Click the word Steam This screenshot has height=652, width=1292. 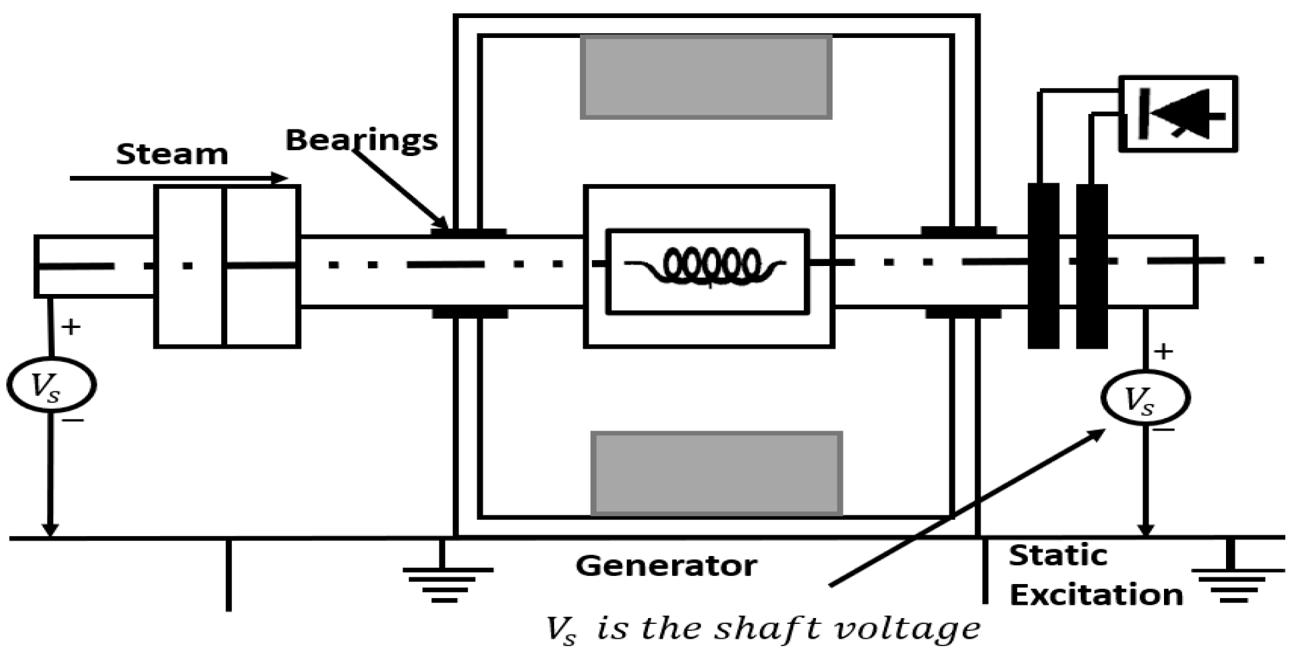172,154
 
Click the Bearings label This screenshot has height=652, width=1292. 361,140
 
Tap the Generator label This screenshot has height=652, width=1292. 666,565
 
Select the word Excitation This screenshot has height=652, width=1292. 1096,594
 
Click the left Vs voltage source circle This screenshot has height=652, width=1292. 51,385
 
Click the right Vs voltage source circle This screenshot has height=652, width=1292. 1145,399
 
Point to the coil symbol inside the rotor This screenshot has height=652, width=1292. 710,265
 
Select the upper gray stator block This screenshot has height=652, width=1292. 706,77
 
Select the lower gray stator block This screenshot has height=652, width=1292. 717,473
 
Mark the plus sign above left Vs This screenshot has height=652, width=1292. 71,327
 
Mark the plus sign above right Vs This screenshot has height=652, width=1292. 1163,351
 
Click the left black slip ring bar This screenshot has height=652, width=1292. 1043,265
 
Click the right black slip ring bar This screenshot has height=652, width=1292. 1091,265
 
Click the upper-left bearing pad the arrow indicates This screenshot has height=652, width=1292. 468,233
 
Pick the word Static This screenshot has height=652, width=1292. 1057,555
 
